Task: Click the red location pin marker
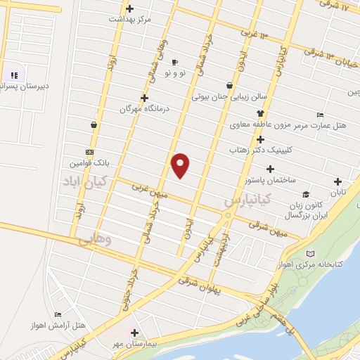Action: (181, 165)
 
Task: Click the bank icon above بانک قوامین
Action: (89, 152)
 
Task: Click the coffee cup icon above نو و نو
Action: (174, 62)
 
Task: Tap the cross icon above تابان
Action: (338, 181)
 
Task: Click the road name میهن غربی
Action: (152, 190)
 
